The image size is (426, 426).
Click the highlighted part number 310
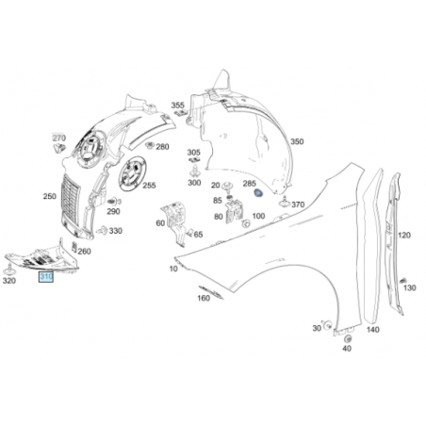(46, 277)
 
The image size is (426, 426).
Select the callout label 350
(297, 141)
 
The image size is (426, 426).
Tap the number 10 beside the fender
(173, 269)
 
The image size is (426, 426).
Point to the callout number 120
(404, 235)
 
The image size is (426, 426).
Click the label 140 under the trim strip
(373, 330)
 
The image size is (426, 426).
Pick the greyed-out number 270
(58, 138)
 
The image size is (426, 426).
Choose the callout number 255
(149, 186)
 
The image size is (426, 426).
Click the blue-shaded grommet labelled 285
(258, 193)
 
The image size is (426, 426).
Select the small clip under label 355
(180, 113)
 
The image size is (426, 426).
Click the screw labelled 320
(9, 270)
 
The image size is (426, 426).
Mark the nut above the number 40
(348, 339)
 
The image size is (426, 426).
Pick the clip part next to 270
(59, 148)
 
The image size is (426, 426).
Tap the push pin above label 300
(194, 172)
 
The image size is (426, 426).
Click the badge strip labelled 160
(211, 292)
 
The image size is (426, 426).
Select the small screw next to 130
(402, 281)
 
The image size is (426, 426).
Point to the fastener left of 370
(285, 203)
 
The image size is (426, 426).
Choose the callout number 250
(50, 196)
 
